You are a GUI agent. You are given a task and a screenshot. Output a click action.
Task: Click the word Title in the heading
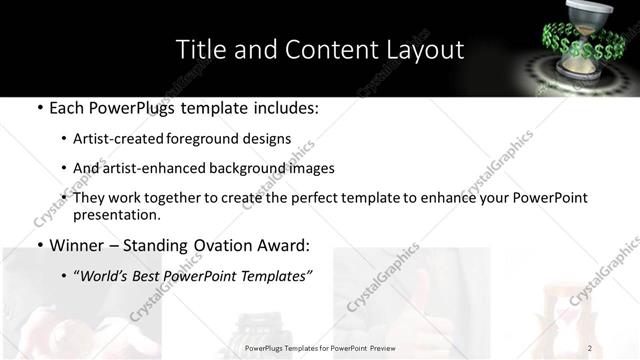coord(197,49)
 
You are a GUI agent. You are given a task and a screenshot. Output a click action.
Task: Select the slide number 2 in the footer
coord(590,347)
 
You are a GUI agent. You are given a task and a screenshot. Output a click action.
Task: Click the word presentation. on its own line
coord(117,215)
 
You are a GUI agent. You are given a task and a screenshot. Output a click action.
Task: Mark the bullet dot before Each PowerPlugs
coord(38,108)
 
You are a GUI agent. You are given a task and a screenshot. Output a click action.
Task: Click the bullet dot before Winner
coord(38,244)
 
